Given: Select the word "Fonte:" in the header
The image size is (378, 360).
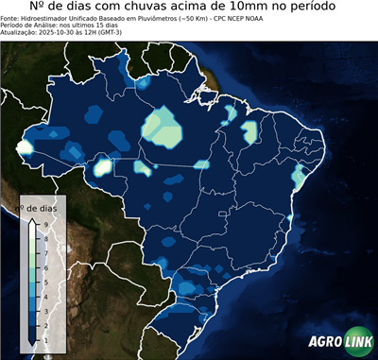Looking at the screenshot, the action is click(x=12, y=17).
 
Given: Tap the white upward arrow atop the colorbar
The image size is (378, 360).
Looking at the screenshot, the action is click(x=32, y=221).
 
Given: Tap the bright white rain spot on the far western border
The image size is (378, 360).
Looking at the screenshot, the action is click(x=25, y=146).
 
